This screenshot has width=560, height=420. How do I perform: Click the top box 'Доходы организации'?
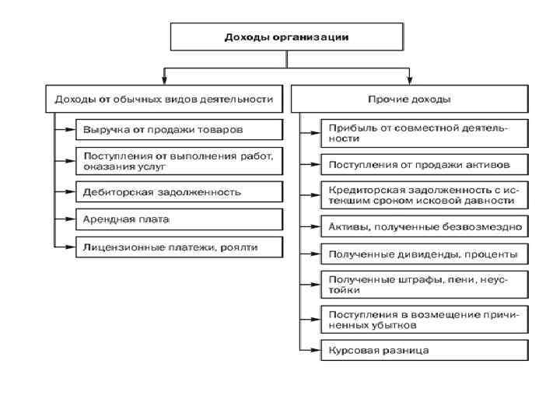tap(287, 37)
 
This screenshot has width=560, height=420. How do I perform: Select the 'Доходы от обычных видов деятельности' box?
tap(163, 99)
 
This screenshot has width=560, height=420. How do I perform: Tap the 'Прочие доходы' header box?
tap(409, 99)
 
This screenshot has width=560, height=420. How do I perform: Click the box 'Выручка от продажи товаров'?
tap(179, 128)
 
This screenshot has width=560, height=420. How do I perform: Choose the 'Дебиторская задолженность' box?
tap(179, 191)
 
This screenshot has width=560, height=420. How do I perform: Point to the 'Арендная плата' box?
tap(179, 219)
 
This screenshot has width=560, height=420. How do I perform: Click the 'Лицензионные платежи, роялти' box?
tap(179, 247)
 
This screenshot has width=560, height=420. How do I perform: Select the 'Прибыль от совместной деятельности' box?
tap(425, 133)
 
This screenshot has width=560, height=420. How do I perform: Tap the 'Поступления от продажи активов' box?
tap(425, 164)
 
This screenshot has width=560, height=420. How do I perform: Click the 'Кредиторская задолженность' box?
tap(425, 194)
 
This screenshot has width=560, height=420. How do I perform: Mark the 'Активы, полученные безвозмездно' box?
tap(425, 227)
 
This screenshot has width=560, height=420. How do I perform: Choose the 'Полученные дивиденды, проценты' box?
tap(425, 254)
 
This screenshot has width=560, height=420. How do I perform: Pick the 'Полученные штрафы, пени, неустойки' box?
tap(425, 284)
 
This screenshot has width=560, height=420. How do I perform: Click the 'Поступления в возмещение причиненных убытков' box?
tap(425, 320)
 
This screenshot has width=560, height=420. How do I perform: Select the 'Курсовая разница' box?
tap(425, 350)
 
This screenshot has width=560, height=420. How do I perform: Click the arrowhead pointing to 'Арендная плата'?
tap(71, 219)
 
